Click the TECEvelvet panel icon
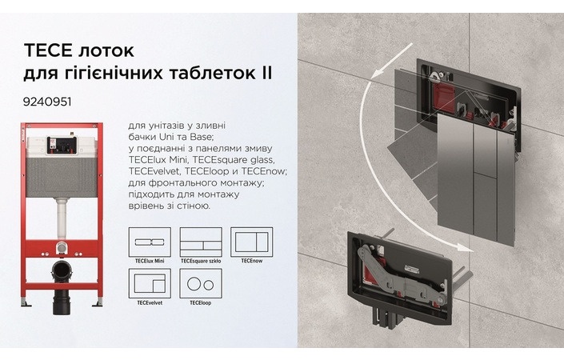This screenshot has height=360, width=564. coord(149,283)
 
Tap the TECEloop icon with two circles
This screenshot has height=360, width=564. coord(200,283)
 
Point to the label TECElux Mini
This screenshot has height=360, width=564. coord(150,261)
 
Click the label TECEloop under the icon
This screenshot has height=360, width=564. coord(200,302)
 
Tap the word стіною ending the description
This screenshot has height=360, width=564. coord(192,206)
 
